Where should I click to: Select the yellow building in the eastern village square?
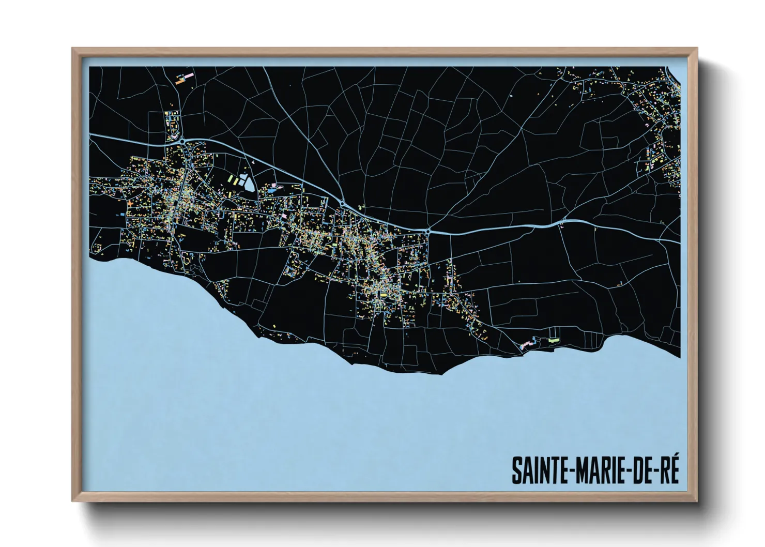[384, 295]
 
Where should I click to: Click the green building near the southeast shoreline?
[554, 340]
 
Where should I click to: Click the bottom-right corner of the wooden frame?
[696, 501]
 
